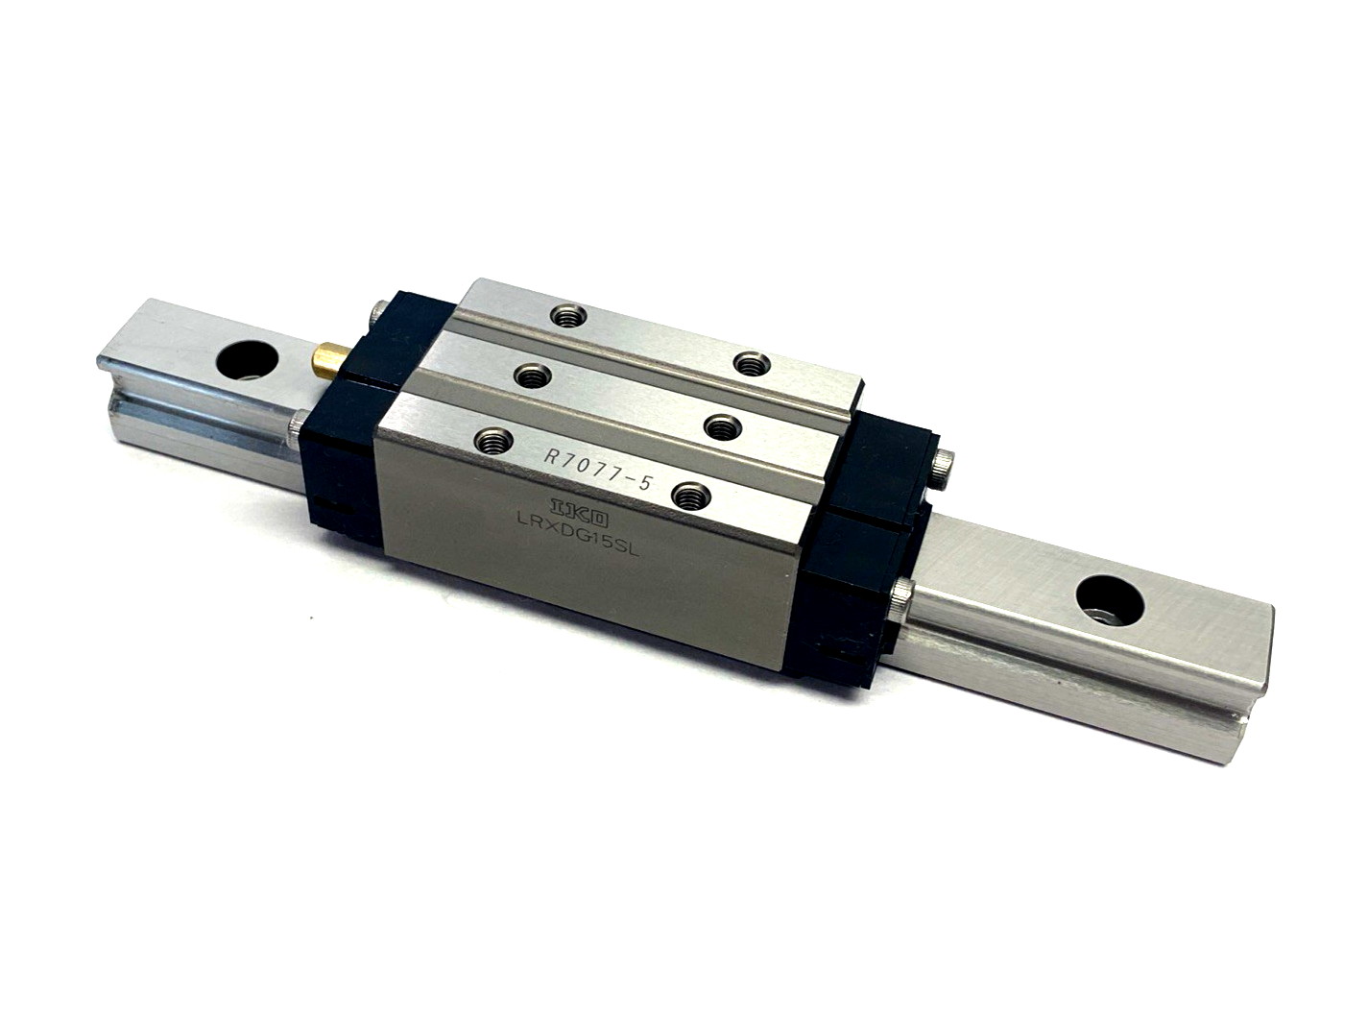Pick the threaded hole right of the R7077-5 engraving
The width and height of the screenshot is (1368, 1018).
pyautogui.click(x=687, y=495)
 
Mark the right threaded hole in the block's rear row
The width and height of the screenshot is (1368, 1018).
pyautogui.click(x=747, y=361)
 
